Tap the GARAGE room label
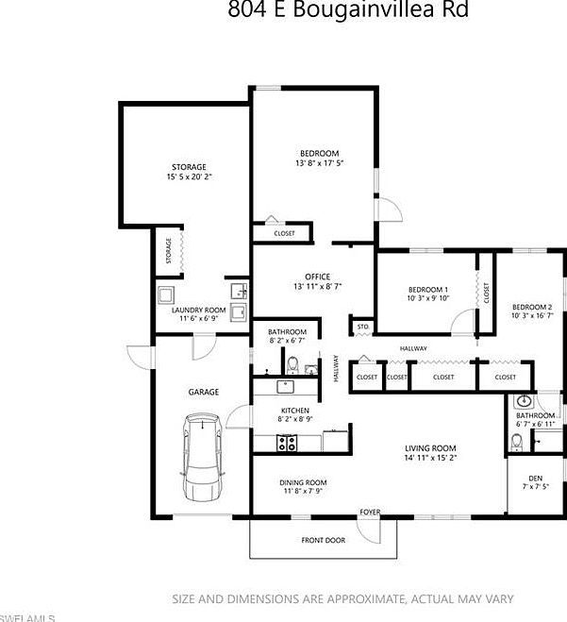coord(203,392)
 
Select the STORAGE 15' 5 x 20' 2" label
coord(189,172)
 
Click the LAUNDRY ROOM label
coord(198,310)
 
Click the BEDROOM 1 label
coord(428,289)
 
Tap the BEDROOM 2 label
coord(532,307)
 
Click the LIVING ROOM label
coord(430,448)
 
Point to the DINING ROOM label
coord(291,481)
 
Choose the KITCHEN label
coord(295,411)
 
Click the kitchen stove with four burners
coord(286,442)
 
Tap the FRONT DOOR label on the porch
coord(324,541)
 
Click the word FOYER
coord(369,513)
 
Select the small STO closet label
coord(362,328)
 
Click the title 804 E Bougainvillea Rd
coord(347,10)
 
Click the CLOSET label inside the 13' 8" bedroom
coord(284,233)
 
